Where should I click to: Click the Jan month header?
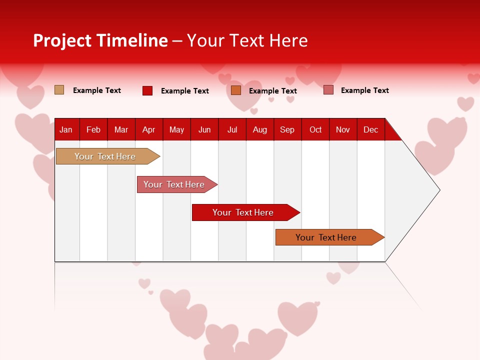coord(66,130)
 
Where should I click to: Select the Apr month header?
coord(148,130)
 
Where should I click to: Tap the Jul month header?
coord(232,130)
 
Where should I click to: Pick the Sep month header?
coord(287,130)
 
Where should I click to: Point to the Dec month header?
coord(370,130)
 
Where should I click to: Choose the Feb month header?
coord(93,130)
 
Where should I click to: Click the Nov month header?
coord(343,130)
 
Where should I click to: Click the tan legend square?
coord(59,90)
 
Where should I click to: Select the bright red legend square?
coord(147,90)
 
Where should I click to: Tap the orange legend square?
coord(236,90)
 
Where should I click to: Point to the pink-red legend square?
coord(328,90)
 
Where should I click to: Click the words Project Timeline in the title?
coord(100,40)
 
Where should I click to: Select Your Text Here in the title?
coord(247,40)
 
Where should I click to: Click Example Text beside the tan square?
coord(97,90)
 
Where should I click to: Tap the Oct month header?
coord(315,130)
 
